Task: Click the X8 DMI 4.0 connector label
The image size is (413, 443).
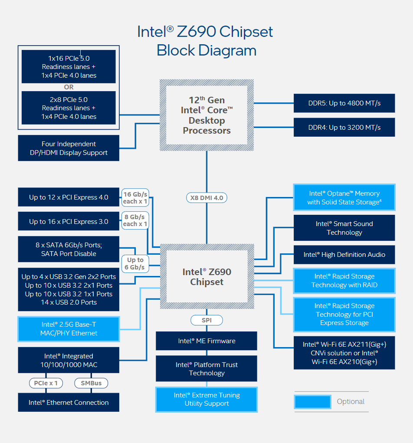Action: coord(206,198)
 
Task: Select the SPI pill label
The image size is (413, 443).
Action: coord(206,320)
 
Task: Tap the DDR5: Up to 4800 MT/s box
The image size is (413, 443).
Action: coord(344,103)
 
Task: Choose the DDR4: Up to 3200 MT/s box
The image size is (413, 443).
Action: coord(344,127)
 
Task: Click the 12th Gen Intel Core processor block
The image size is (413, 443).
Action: coord(206,115)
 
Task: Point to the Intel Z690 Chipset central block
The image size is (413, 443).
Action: coord(206,277)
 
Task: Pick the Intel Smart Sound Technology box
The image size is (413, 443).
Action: coord(344,228)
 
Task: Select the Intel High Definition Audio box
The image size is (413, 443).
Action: coord(344,255)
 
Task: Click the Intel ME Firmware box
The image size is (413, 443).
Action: coord(206,341)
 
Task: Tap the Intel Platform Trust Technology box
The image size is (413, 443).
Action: coord(206,369)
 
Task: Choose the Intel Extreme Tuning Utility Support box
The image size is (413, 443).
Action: coord(206,399)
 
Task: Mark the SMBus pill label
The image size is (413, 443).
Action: coord(91,383)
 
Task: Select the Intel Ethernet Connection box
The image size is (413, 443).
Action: coord(69,402)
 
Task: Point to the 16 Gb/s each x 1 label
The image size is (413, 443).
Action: coord(135,198)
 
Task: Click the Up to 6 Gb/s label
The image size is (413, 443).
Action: coord(135,263)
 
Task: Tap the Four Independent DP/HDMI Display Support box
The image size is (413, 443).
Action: coord(69,148)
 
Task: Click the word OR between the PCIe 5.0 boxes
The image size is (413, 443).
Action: coord(69,87)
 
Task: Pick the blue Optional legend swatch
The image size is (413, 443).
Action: coord(312,402)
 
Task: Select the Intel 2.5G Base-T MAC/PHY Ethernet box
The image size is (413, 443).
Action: coord(69,329)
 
